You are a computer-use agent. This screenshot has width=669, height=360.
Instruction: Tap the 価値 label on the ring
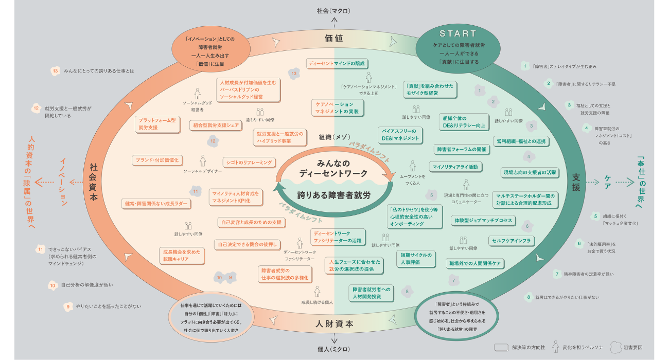[334, 38]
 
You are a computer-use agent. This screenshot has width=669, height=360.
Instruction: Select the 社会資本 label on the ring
[94, 184]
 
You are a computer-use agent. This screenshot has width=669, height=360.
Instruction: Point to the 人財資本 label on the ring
[334, 324]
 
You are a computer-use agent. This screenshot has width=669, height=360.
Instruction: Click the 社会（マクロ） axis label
[334, 10]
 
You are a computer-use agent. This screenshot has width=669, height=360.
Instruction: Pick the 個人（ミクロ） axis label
[334, 349]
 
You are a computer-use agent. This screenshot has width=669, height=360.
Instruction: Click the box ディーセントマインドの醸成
[337, 64]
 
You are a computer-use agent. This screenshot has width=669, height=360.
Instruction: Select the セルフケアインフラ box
[512, 240]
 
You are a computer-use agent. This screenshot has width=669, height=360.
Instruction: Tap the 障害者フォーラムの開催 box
[462, 150]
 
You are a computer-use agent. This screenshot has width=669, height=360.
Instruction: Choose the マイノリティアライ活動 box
[455, 167]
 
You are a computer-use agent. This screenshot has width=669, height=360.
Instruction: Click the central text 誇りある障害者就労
[334, 196]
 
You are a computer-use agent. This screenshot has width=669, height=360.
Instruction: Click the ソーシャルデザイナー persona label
[203, 171]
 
